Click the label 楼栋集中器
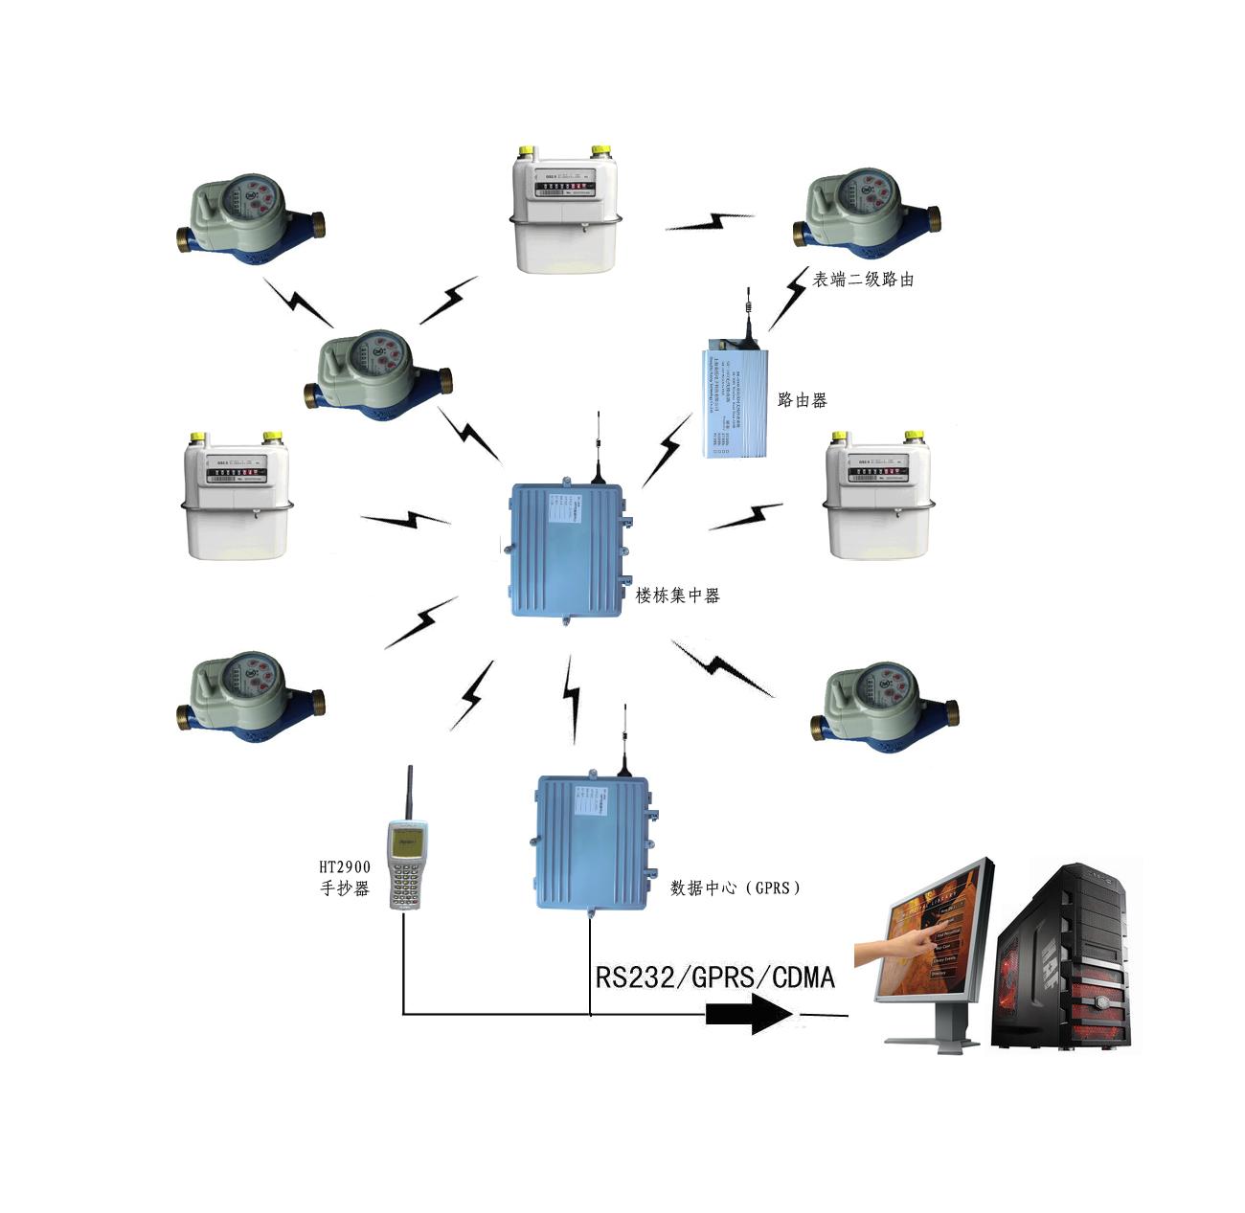point(677,595)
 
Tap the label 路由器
point(802,400)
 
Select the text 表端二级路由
point(863,280)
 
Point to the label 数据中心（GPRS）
point(736,887)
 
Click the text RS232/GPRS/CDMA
point(714,977)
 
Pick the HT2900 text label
point(345,867)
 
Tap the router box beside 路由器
point(735,402)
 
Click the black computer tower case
point(1063,957)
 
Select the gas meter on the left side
point(237,498)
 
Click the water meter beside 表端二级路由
point(867,216)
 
